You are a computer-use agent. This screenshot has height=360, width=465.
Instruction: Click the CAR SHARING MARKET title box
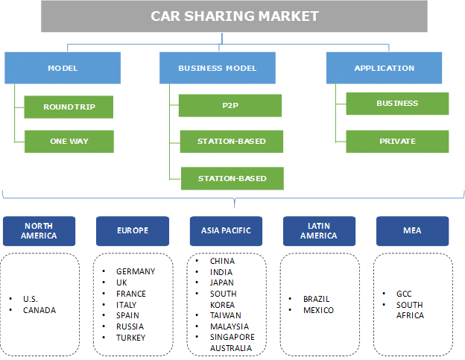pyautogui.click(x=234, y=16)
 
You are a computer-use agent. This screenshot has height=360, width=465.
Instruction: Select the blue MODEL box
pyautogui.click(x=63, y=68)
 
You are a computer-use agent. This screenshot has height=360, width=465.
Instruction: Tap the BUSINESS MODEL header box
pyautogui.click(x=218, y=68)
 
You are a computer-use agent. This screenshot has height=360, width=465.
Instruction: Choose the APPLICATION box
pyautogui.click(x=384, y=68)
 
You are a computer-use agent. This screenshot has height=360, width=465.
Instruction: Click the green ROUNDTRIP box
pyautogui.click(x=69, y=107)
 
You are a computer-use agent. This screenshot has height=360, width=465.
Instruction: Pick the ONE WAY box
pyautogui.click(x=69, y=142)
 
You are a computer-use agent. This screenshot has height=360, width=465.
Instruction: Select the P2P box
pyautogui.click(x=230, y=106)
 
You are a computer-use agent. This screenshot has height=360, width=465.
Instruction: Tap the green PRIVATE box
pyautogui.click(x=397, y=142)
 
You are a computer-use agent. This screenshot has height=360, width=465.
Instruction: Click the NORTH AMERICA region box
pyautogui.click(x=39, y=231)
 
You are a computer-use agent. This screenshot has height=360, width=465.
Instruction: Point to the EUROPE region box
pyautogui.click(x=133, y=231)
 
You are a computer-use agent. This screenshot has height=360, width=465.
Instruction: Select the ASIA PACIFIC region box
pyautogui.click(x=226, y=231)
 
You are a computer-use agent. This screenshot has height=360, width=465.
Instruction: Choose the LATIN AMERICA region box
pyautogui.click(x=319, y=231)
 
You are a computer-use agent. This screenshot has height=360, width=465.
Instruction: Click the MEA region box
pyautogui.click(x=413, y=231)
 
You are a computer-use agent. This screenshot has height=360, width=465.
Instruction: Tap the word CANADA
pyautogui.click(x=39, y=310)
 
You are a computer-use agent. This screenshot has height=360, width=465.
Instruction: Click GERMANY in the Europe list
pyautogui.click(x=136, y=271)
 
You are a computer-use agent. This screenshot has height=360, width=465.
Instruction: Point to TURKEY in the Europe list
pyautogui.click(x=131, y=338)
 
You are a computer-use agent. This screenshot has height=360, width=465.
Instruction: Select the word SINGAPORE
pyautogui.click(x=232, y=337)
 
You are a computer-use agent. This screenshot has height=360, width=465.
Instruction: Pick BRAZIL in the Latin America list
pyautogui.click(x=317, y=299)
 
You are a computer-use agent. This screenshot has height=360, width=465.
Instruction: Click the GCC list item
pyautogui.click(x=404, y=294)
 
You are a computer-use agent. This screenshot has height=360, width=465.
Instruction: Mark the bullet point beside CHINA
pyautogui.click(x=197, y=261)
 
